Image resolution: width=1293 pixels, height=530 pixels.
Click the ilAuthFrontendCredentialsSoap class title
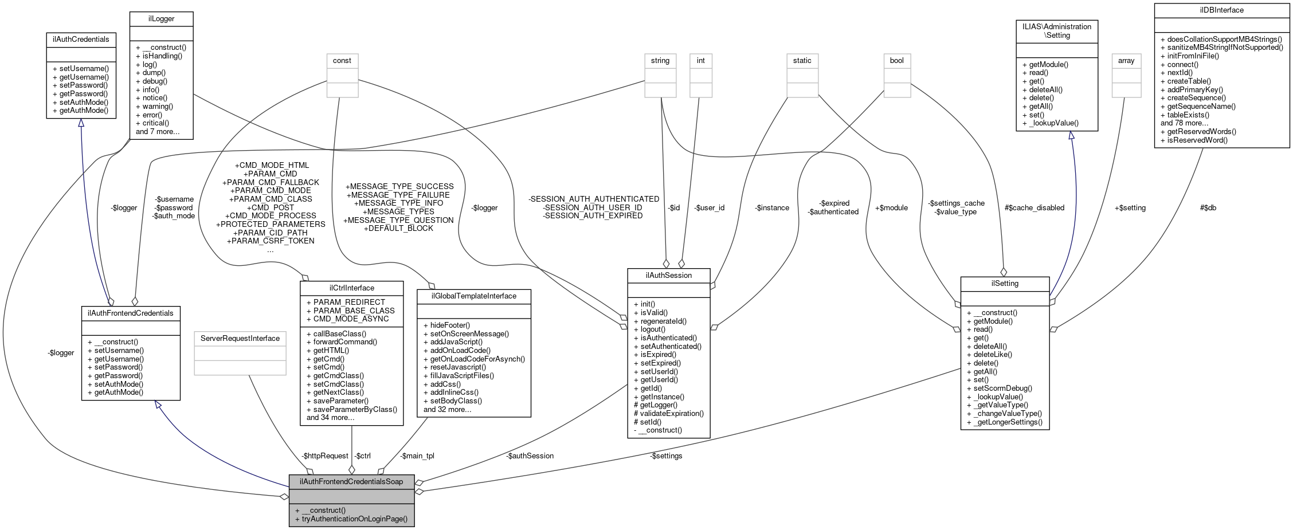coord(351,482)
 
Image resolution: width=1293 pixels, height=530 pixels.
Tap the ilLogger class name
coord(161,19)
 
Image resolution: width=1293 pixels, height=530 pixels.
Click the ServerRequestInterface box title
coord(240,339)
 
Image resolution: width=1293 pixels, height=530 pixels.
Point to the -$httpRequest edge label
coord(325,456)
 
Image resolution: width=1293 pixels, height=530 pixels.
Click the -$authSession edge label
coord(530,456)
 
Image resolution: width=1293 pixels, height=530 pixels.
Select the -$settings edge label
coord(667,456)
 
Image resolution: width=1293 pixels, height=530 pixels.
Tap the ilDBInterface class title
coord(1221,10)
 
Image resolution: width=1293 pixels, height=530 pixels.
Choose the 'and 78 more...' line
coord(1184,123)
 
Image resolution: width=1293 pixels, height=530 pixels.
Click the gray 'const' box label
coord(342,61)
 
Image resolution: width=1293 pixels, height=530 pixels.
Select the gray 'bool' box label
coord(896,61)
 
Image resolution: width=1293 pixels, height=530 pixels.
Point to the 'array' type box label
coord(1126,61)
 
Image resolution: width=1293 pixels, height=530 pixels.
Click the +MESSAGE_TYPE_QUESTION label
coord(398,220)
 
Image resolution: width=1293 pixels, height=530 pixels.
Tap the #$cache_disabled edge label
coord(1034,208)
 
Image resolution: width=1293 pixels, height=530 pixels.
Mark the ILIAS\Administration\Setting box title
coord(1057,31)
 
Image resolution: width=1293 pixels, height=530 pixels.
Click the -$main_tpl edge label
coord(417,456)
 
